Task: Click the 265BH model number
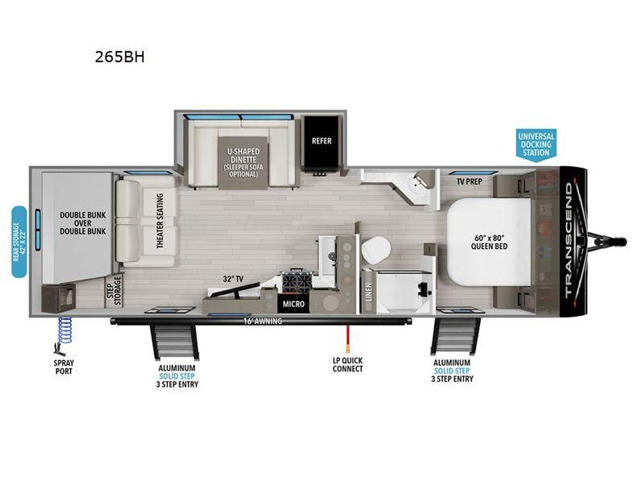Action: pyautogui.click(x=120, y=57)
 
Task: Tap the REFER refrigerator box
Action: pyautogui.click(x=321, y=141)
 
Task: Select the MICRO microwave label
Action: pyautogui.click(x=294, y=304)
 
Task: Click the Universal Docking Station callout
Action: pyautogui.click(x=535, y=144)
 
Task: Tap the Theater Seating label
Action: pyautogui.click(x=159, y=220)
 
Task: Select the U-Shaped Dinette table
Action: pyautogui.click(x=242, y=160)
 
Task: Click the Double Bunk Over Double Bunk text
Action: pyautogui.click(x=83, y=223)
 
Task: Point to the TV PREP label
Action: pyautogui.click(x=469, y=181)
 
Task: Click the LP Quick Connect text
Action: pyautogui.click(x=347, y=364)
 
